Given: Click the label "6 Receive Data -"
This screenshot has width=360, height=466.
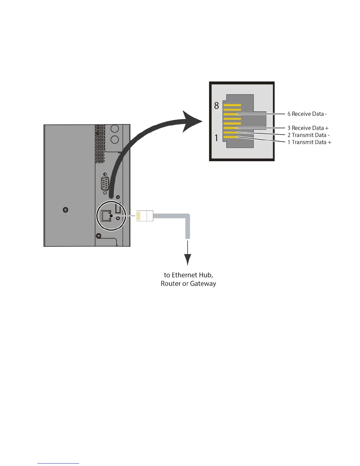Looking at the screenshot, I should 307,114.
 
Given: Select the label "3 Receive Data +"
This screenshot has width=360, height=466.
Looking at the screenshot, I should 308,128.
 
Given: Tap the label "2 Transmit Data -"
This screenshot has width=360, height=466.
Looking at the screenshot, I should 309,135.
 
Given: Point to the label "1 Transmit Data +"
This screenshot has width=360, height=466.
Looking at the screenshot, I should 309,142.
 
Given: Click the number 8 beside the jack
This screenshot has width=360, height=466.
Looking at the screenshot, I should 216,106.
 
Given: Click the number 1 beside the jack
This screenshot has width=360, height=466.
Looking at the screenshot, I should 216,138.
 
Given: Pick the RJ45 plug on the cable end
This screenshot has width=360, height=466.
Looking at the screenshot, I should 145,216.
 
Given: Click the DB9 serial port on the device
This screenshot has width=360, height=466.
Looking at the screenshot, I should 105,184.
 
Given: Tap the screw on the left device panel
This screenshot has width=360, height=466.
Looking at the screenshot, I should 66,210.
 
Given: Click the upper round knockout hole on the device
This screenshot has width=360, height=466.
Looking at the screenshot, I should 114,129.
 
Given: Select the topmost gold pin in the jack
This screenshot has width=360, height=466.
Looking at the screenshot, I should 232,105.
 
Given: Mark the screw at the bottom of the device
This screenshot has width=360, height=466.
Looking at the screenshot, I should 99,236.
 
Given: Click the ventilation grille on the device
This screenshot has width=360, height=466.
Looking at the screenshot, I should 100,144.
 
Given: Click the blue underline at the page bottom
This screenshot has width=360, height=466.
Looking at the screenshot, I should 58,463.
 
